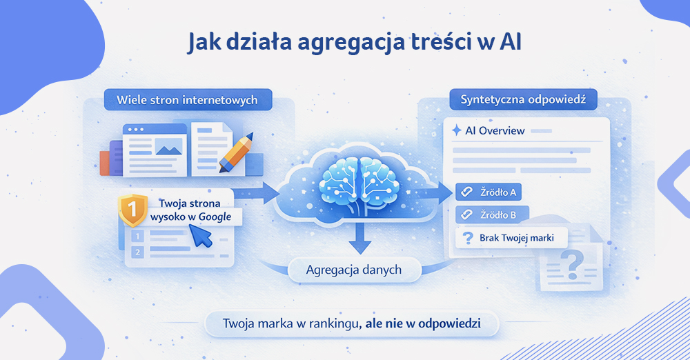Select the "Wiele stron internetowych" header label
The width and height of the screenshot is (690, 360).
pyautogui.click(x=187, y=100)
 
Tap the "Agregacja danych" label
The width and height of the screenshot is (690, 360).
pyautogui.click(x=353, y=270)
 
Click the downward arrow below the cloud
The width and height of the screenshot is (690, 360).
pyautogui.click(x=357, y=239)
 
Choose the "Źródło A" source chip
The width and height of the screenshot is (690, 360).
pyautogui.click(x=491, y=192)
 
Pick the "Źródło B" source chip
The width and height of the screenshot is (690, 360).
pyautogui.click(x=491, y=214)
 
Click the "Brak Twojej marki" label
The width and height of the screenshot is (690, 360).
pyautogui.click(x=511, y=239)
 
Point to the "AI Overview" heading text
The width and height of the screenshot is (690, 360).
pyautogui.click(x=495, y=130)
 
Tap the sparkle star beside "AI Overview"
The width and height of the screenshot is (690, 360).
pyautogui.click(x=455, y=130)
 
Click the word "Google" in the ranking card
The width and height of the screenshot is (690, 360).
pyautogui.click(x=214, y=217)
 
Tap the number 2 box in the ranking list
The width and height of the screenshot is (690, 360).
pyautogui.click(x=137, y=252)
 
